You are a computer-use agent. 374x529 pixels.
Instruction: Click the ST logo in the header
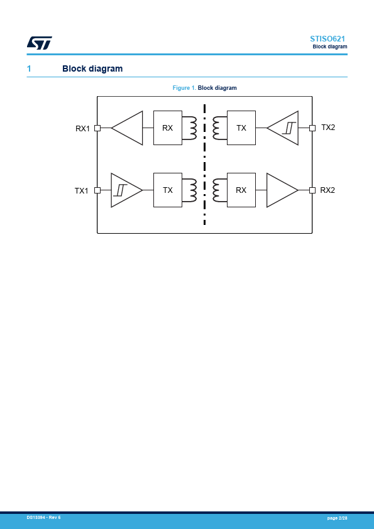(x=40, y=43)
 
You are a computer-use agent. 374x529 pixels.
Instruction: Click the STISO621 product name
(x=327, y=39)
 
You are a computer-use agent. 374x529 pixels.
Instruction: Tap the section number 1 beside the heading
(x=29, y=68)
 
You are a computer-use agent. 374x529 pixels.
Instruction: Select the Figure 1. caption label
(x=184, y=88)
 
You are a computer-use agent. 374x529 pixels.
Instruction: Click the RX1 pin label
(x=83, y=129)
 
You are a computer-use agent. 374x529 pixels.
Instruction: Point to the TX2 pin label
(x=328, y=127)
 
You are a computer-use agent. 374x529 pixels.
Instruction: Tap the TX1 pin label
(x=81, y=191)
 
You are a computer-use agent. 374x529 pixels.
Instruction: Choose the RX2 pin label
(x=327, y=190)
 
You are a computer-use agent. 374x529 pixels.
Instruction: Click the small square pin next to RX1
(x=97, y=128)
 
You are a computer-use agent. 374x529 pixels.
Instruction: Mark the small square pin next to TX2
(x=312, y=128)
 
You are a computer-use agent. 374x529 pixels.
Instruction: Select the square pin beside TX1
(x=97, y=190)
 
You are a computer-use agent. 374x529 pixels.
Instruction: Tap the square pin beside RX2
(x=312, y=190)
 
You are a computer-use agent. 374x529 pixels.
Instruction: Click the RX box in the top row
(x=168, y=128)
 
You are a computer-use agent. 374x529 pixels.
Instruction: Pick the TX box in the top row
(x=241, y=128)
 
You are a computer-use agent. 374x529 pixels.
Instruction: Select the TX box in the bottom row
(x=168, y=190)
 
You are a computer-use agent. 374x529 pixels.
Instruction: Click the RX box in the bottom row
(x=241, y=190)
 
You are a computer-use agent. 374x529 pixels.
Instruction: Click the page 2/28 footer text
(x=337, y=518)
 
